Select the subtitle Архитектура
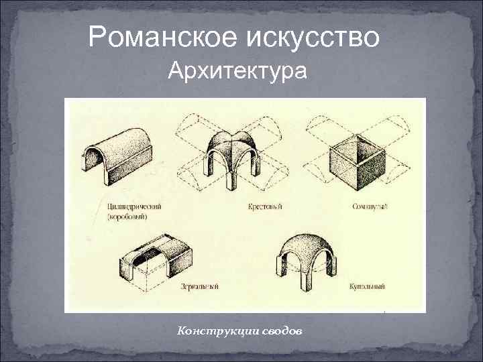238,70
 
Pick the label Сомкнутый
370,207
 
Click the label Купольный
368,286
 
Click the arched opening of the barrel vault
95,166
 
